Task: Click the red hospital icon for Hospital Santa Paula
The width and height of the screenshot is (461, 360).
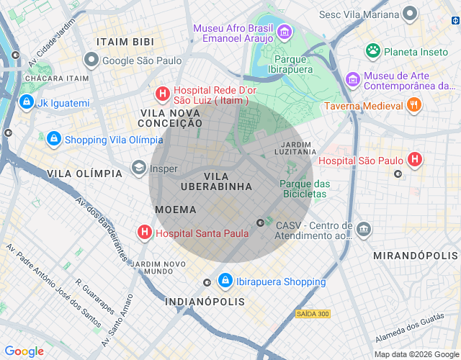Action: [145, 233]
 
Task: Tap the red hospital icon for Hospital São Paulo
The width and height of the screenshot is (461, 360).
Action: [415, 160]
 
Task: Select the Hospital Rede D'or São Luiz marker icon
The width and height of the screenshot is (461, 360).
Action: [164, 94]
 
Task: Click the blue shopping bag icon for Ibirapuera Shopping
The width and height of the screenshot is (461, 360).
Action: [225, 281]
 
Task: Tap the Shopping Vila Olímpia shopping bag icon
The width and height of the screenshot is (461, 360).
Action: [53, 139]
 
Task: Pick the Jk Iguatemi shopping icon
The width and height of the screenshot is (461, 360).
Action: [27, 103]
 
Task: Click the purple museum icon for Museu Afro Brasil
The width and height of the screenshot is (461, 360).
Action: [284, 32]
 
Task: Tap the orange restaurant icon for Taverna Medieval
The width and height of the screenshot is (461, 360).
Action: [413, 106]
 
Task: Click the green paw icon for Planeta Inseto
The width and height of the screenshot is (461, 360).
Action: [372, 51]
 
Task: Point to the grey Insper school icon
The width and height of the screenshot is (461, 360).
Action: [138, 168]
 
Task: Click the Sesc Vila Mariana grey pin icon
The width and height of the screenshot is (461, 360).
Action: [410, 14]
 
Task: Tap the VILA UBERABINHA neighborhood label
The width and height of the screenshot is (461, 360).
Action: [228, 181]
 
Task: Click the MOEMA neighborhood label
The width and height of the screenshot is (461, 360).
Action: [176, 210]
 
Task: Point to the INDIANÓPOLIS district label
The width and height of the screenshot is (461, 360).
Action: [205, 301]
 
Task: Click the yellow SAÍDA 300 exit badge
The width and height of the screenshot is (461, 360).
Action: [313, 314]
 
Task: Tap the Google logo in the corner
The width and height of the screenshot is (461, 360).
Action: [24, 351]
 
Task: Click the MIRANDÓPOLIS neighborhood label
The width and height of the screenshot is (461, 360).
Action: [416, 256]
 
